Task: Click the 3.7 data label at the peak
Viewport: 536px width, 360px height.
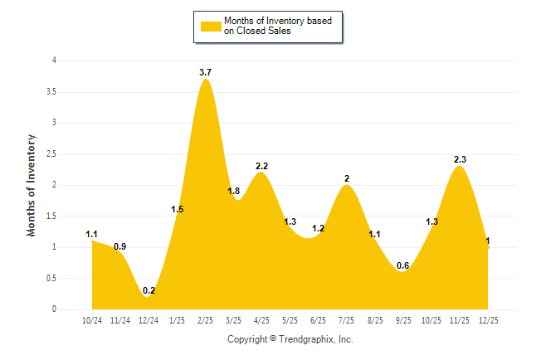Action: (x=206, y=73)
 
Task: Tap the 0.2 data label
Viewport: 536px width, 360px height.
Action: (x=149, y=290)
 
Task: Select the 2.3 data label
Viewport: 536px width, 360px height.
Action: (x=460, y=159)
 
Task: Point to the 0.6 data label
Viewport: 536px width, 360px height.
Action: (x=403, y=265)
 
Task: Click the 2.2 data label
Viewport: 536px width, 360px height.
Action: (x=261, y=166)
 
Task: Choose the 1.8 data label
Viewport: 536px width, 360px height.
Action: (x=234, y=192)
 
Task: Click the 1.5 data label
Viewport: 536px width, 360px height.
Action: (x=178, y=209)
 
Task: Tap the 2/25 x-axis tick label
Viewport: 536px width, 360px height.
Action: (x=206, y=320)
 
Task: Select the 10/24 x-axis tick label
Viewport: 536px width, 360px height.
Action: (x=92, y=320)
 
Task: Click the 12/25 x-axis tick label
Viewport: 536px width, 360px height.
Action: (x=488, y=320)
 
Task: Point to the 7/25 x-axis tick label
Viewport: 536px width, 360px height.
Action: (x=347, y=320)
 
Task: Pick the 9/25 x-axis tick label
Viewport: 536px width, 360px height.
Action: (x=403, y=320)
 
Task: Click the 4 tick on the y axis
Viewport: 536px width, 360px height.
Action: (x=54, y=61)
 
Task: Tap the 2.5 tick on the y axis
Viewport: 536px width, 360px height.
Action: (x=51, y=153)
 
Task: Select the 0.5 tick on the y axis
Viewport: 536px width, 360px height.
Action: (x=51, y=278)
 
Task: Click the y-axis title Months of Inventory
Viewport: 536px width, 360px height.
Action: (x=32, y=185)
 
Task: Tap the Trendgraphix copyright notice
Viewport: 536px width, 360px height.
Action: (x=290, y=339)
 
